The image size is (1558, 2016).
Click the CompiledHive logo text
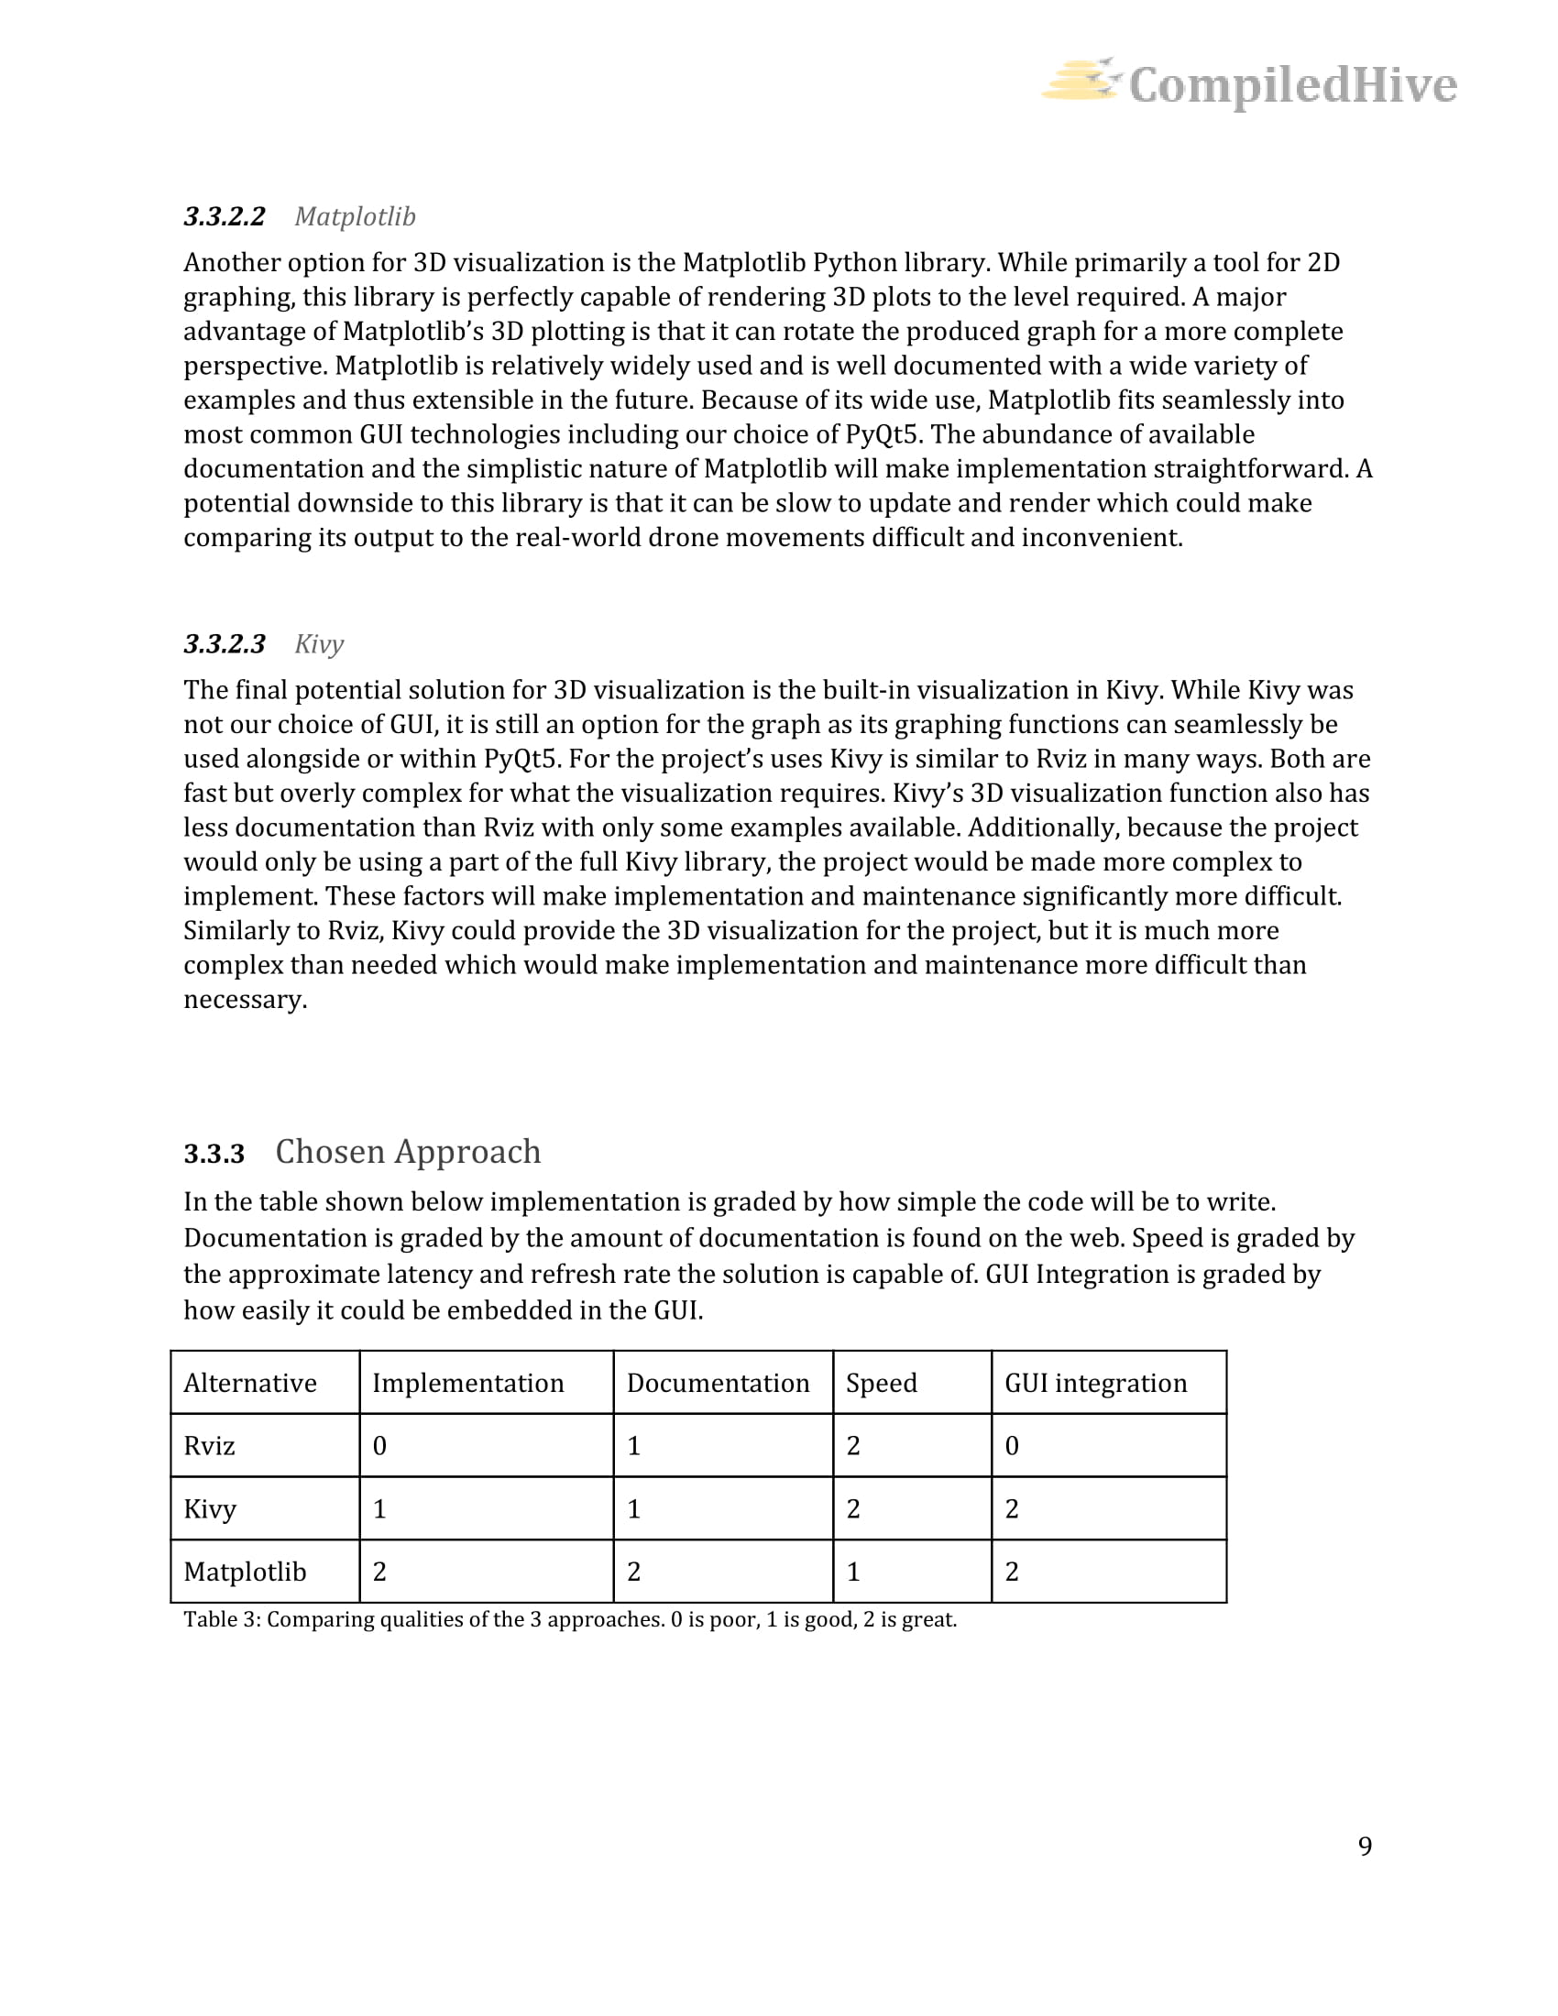1292,85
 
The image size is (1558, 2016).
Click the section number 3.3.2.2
225,217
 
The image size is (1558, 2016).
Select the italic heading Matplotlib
356,217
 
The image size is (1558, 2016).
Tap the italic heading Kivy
319,644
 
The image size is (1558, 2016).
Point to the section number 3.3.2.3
225,644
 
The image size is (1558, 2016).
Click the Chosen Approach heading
408,1152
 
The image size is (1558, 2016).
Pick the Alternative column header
250,1383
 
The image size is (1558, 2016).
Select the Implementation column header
468,1383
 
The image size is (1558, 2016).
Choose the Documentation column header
719,1383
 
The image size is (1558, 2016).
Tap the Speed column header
882,1383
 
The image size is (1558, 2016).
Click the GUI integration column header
1095,1383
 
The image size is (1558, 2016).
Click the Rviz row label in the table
210,1445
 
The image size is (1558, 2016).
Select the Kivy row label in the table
211,1509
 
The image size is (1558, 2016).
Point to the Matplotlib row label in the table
245,1572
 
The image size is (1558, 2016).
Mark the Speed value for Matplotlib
853,1572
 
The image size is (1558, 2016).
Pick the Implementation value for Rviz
379,1445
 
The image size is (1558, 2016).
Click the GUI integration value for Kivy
1012,1509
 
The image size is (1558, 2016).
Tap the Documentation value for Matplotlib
633,1572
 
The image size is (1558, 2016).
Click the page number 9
1366,1846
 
